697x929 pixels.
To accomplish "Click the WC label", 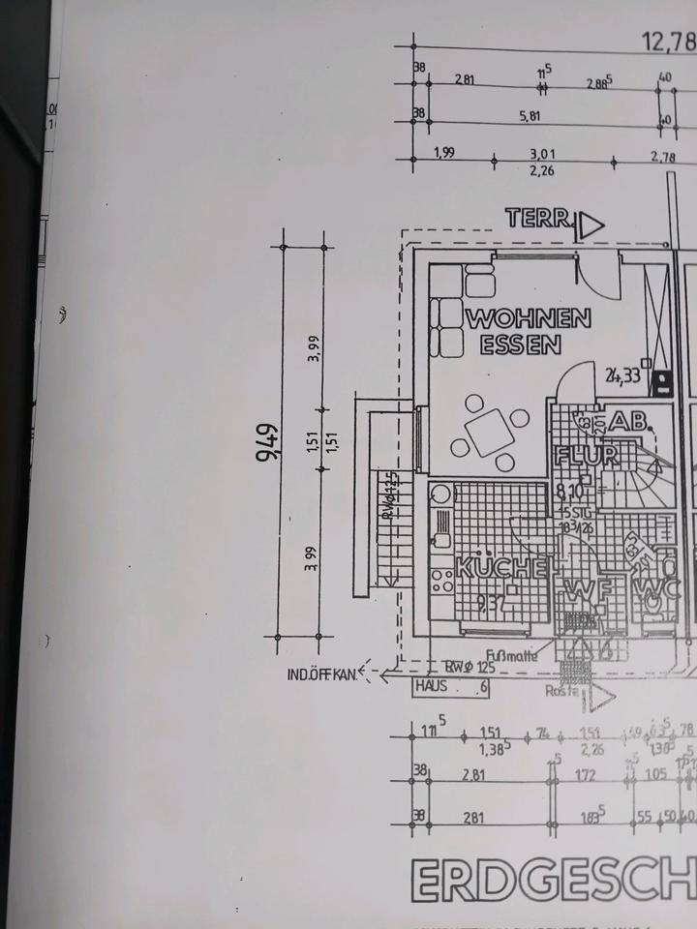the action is pos(652,586).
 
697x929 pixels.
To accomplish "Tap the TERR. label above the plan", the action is pos(538,219).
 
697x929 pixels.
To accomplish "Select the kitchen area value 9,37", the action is pos(494,606).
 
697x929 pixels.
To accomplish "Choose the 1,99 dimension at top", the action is pos(444,152).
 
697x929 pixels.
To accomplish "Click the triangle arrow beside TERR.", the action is pos(590,225).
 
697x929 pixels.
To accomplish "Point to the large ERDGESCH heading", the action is pos(552,882).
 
